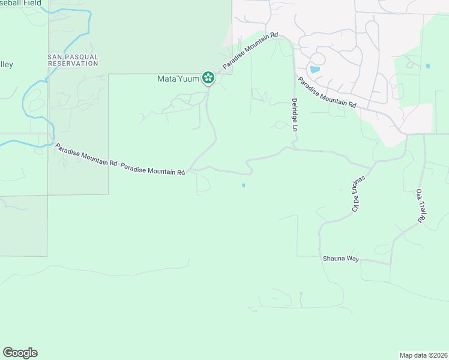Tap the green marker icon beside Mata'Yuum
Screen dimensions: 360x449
[x=208, y=77]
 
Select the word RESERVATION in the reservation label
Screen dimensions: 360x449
[x=73, y=64]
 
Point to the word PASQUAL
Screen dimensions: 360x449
[x=83, y=57]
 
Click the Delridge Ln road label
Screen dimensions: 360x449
[x=295, y=115]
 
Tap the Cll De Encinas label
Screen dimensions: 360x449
[x=358, y=194]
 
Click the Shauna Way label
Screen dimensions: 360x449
[x=342, y=259]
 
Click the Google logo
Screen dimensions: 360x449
[x=20, y=353]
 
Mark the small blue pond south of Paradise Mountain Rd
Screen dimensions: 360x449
[x=243, y=185]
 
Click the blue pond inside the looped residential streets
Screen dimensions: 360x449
[x=315, y=70]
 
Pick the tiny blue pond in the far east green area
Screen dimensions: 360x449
[x=427, y=65]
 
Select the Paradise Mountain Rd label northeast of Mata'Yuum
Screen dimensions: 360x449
[x=250, y=50]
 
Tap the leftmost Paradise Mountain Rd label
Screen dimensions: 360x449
[x=85, y=154]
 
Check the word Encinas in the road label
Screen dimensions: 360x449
[x=361, y=187]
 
